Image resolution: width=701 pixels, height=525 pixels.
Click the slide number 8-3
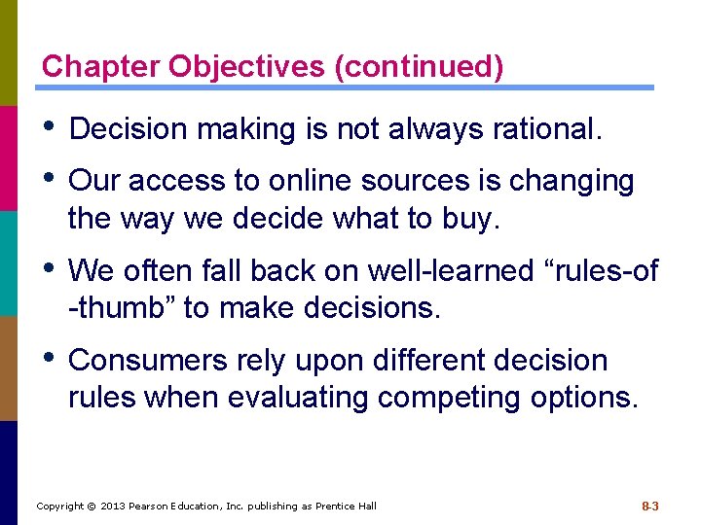(650, 506)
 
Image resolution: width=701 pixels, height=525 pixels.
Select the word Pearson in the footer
(155, 506)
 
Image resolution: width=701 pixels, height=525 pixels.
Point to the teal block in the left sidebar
(9, 262)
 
